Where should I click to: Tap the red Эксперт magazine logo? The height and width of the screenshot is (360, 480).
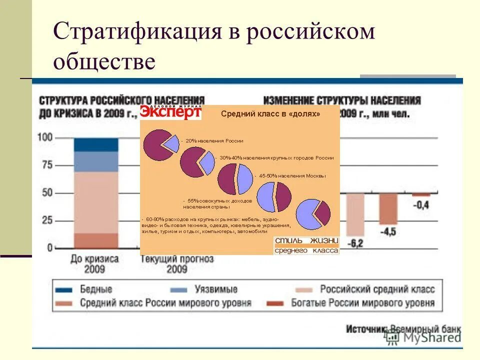click(x=170, y=112)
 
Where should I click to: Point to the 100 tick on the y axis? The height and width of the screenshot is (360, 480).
click(x=46, y=137)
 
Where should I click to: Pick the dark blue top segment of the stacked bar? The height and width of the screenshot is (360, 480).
click(x=96, y=144)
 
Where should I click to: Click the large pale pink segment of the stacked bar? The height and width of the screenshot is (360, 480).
click(x=96, y=202)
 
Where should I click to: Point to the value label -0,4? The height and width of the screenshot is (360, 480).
click(x=420, y=205)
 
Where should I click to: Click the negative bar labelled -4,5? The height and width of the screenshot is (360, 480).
click(x=388, y=209)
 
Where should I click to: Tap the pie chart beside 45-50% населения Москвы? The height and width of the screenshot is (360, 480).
click(x=235, y=179)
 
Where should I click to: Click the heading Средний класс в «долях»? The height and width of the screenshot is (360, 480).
click(x=270, y=114)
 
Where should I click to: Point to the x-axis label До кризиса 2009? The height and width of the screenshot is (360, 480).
click(x=94, y=264)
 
